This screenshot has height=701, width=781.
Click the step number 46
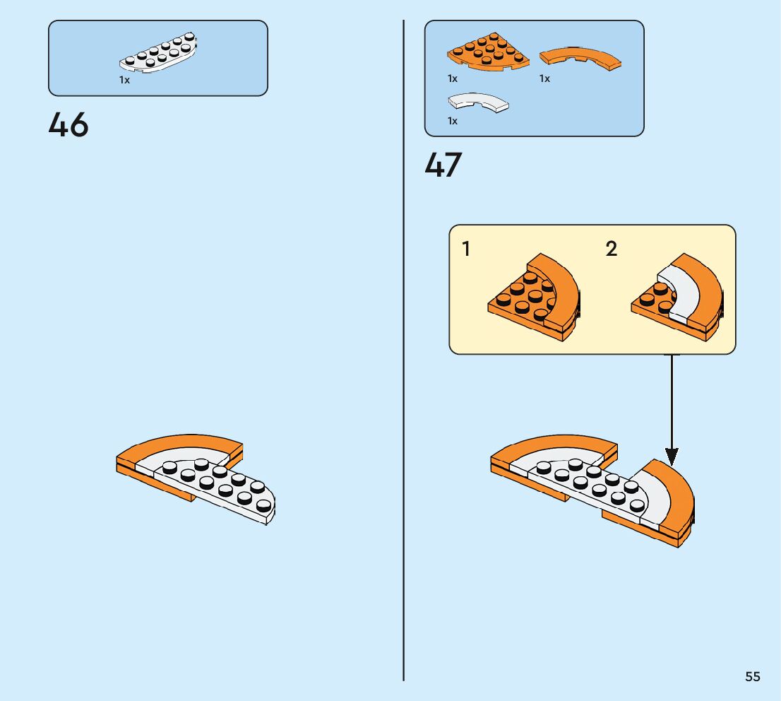point(68,125)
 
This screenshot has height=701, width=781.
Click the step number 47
point(443,165)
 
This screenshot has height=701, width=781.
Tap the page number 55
point(752,676)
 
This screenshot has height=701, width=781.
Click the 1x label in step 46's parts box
point(124,80)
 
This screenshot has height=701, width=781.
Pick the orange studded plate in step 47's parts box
point(487,54)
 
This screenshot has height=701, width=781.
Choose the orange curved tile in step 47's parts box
point(580,59)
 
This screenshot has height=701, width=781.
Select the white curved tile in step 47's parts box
point(479,102)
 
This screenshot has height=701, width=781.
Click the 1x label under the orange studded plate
point(453,78)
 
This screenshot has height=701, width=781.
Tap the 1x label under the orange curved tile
point(544,78)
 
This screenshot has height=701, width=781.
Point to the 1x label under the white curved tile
point(453,121)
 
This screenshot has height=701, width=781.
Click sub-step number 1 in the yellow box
point(466,249)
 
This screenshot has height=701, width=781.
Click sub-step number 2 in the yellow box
point(612,249)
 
